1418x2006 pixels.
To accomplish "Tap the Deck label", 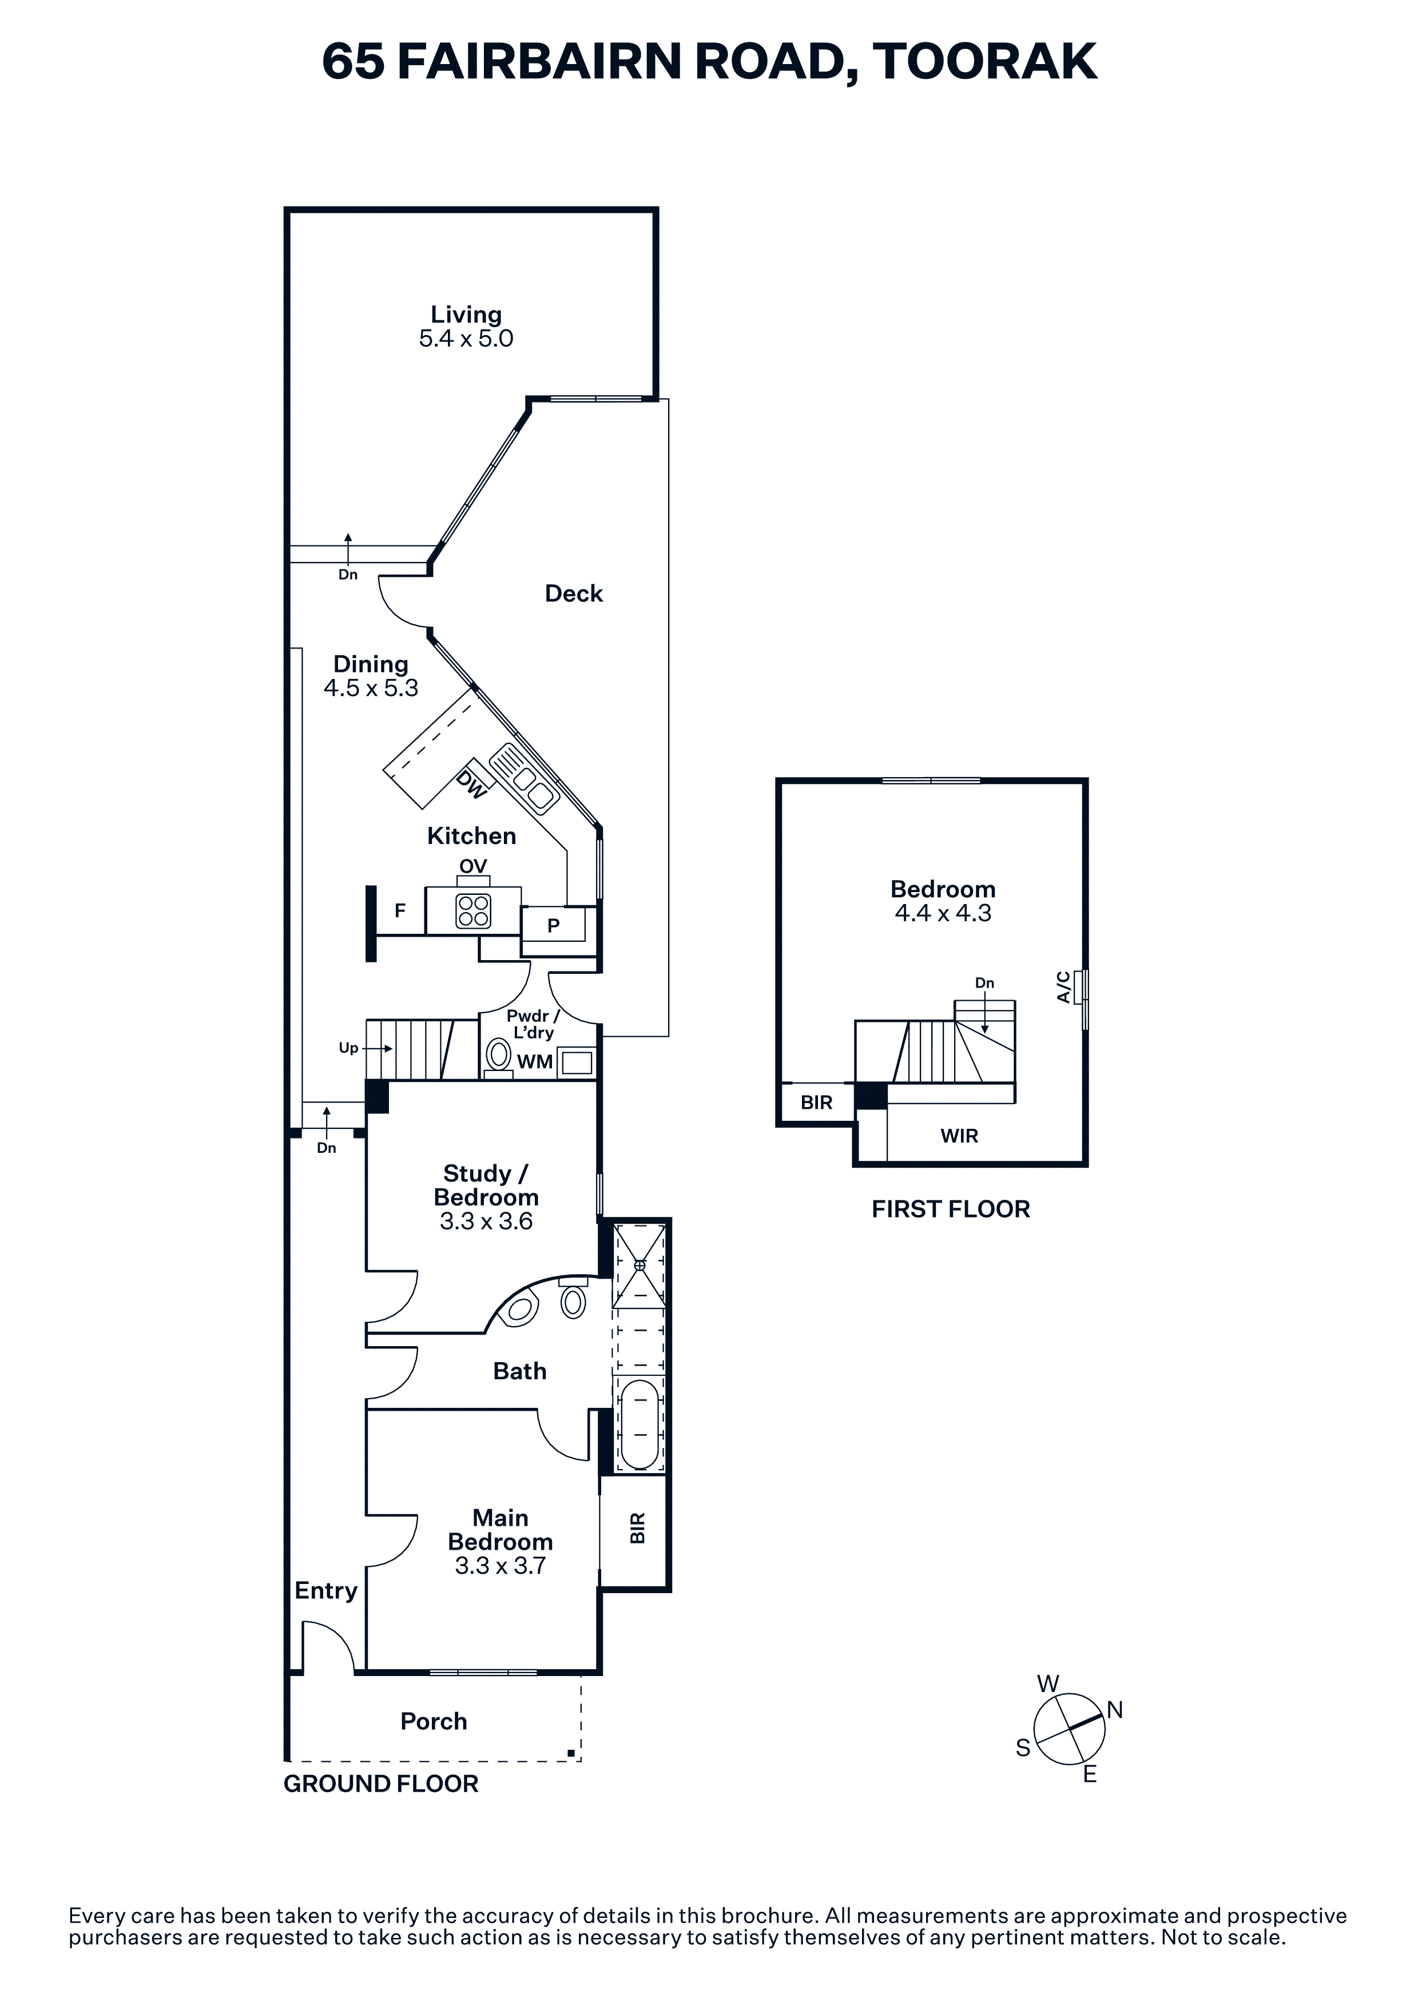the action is tap(574, 594).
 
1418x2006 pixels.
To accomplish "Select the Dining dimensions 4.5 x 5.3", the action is tap(371, 688).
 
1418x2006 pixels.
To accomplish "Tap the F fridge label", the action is tap(400, 912).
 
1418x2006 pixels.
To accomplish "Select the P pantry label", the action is tap(553, 925).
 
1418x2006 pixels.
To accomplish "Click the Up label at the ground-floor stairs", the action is tap(348, 1048).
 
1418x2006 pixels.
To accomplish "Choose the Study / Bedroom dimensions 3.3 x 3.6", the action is tap(486, 1221).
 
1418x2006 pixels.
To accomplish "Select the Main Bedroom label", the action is tap(500, 1530).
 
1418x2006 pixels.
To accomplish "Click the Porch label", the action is tap(434, 1722).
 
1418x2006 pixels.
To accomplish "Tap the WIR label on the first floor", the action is tap(959, 1136).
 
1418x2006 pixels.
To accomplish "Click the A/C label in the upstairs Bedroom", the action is tap(1063, 987).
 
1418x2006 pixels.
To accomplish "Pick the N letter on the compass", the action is tap(1115, 1710).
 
